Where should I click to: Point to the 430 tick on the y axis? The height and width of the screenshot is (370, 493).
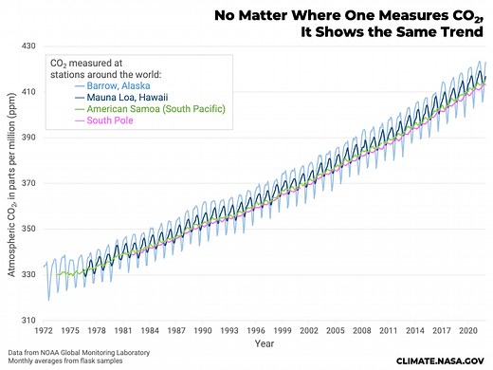click(x=28, y=46)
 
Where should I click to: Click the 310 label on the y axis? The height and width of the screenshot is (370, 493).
click(x=28, y=320)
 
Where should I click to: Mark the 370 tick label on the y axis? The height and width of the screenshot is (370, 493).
click(x=28, y=183)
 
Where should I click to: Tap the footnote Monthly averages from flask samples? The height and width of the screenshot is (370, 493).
click(x=59, y=361)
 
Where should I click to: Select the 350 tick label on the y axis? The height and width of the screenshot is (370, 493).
click(x=28, y=229)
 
